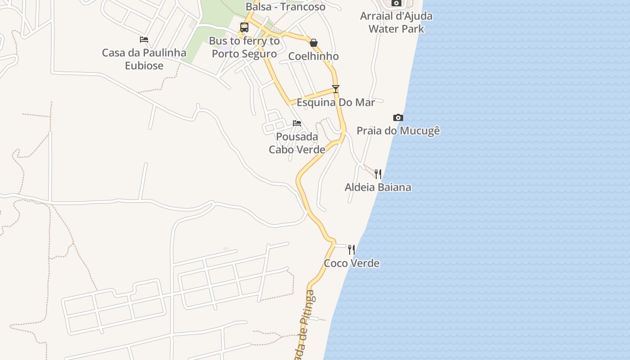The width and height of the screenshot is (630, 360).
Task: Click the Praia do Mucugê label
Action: coord(398,131)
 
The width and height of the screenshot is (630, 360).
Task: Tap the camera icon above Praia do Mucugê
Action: coord(398,118)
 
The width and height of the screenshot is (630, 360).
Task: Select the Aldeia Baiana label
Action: coord(378,187)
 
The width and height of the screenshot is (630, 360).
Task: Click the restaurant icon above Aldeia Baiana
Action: coord(378,174)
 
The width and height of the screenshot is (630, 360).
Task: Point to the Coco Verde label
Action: coord(352,263)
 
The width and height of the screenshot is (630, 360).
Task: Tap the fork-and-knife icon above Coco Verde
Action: coord(352,250)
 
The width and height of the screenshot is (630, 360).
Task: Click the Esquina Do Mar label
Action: coord(336,103)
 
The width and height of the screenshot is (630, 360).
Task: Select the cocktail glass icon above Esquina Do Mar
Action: coord(336,89)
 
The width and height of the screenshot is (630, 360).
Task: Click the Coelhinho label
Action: coord(314,56)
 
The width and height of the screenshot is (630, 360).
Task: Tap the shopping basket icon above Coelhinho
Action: coord(314,43)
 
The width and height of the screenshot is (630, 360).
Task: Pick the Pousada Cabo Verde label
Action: coord(297,143)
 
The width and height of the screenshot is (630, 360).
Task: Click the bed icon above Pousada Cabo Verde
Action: coord(297,123)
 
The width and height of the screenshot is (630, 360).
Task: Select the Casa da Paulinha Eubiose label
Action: coord(144,59)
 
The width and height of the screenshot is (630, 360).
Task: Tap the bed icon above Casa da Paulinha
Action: coord(144,40)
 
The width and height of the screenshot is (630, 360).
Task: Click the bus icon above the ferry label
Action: coord(244,27)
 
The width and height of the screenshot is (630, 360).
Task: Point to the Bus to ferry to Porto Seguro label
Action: coord(244,47)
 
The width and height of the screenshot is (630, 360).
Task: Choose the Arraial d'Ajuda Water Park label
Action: coord(396,22)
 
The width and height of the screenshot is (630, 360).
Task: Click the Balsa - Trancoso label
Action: coord(286,7)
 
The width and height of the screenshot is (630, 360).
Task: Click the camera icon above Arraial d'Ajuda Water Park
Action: coord(396,3)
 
